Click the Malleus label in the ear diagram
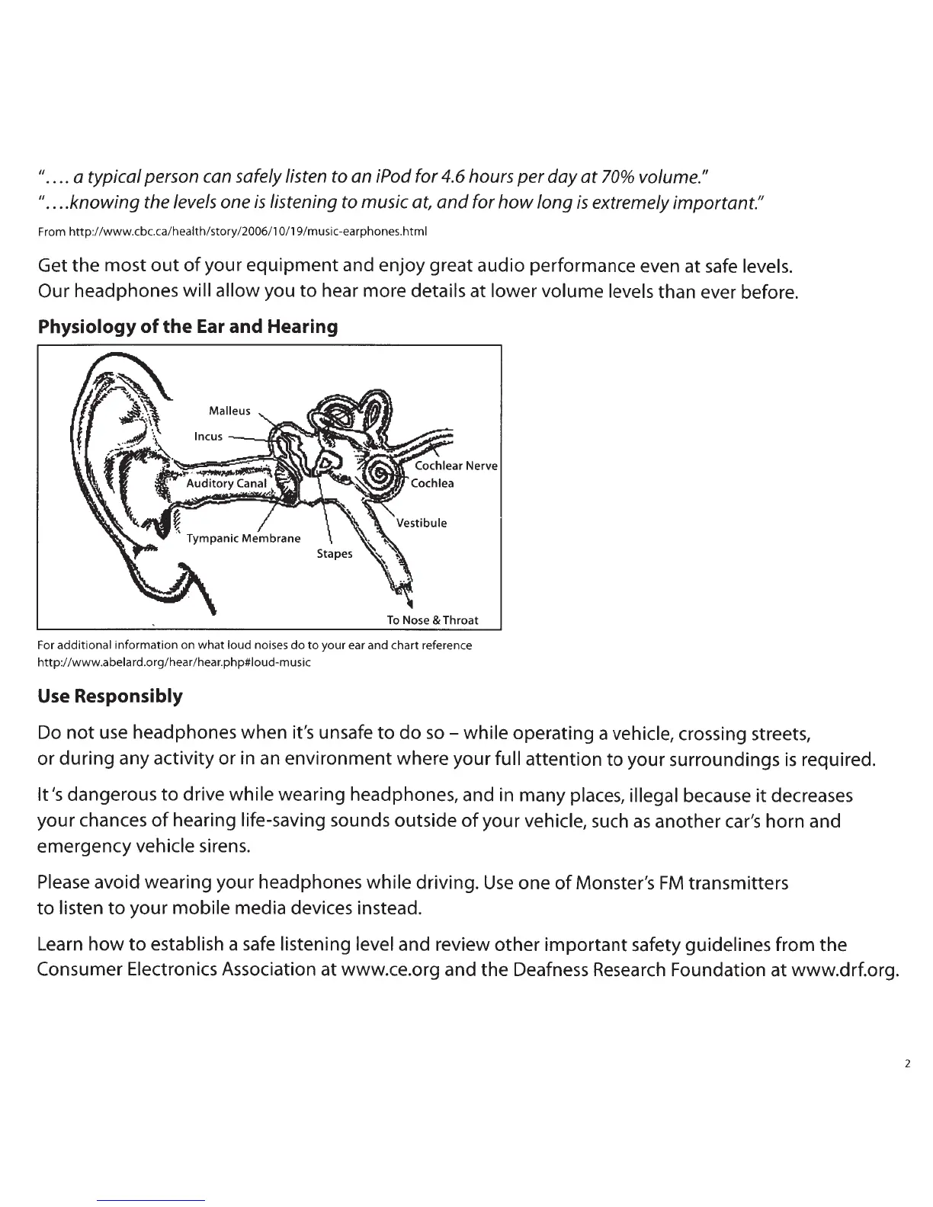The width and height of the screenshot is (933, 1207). (x=229, y=411)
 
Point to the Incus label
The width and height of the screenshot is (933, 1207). (x=208, y=437)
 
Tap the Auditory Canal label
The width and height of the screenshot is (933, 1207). (x=227, y=483)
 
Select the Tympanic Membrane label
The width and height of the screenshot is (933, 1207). (x=244, y=539)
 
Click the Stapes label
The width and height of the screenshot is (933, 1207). (x=335, y=554)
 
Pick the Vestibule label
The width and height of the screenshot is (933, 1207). (x=422, y=523)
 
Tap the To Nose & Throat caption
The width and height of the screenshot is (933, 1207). (x=432, y=620)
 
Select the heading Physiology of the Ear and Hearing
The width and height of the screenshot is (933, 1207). (x=188, y=327)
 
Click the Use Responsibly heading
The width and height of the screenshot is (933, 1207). (x=110, y=696)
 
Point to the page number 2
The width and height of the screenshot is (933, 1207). (x=907, y=1064)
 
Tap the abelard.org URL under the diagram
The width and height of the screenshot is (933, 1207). (x=174, y=662)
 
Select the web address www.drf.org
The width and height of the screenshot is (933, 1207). (x=847, y=970)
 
